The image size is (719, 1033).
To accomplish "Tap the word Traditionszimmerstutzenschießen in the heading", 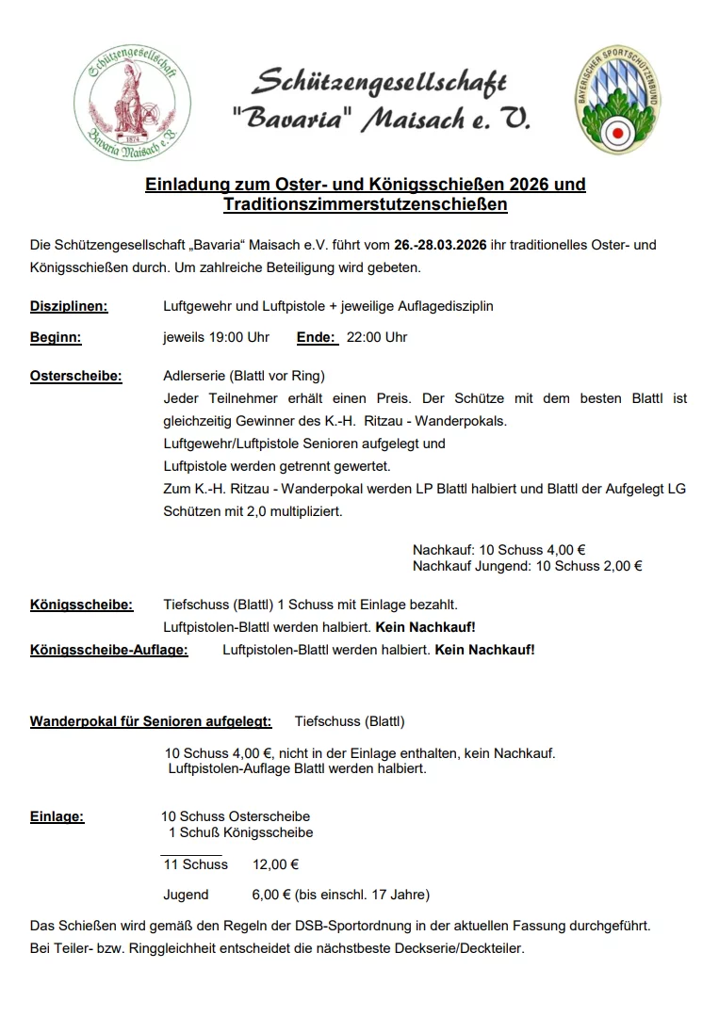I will [366, 203].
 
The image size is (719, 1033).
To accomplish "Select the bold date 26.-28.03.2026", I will [440, 245].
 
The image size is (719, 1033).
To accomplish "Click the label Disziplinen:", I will [69, 306].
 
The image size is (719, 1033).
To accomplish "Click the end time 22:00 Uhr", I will [377, 337].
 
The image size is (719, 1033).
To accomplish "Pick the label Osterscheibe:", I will [76, 376].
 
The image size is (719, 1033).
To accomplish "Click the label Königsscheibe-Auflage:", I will [108, 650].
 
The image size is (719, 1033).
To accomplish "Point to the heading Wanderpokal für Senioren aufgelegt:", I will [151, 721].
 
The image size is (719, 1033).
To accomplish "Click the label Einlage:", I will [57, 816].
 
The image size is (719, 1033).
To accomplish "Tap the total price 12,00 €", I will [276, 864].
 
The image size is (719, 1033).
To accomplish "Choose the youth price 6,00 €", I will [271, 895].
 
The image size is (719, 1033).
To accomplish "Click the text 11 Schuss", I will [195, 864].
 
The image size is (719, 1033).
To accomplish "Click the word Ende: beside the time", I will [316, 337].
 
